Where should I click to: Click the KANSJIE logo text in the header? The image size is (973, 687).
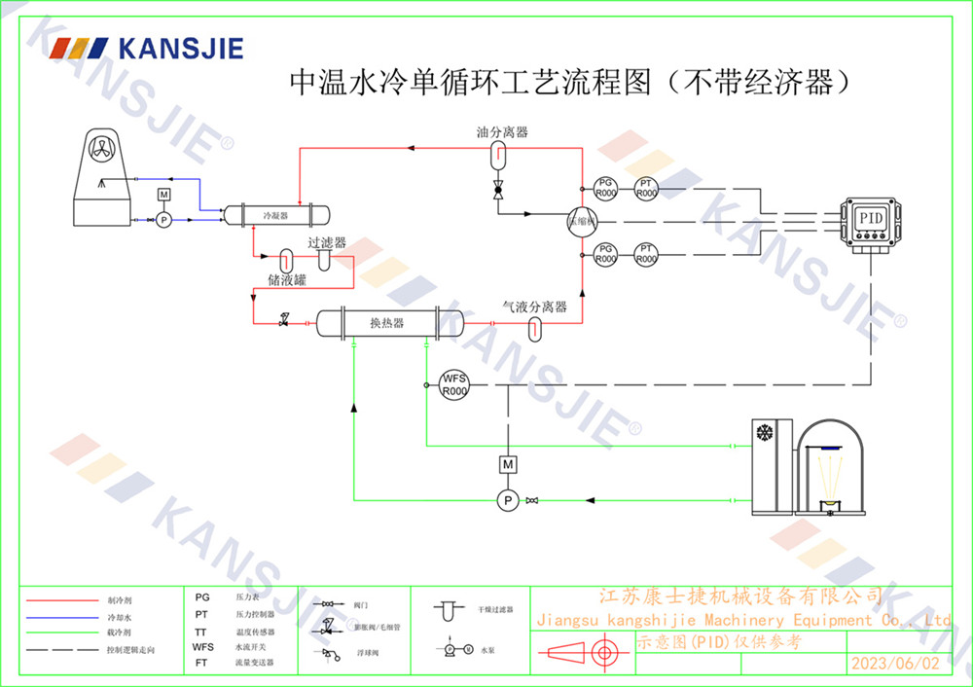pos(179,48)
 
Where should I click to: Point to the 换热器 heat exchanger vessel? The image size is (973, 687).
pos(386,323)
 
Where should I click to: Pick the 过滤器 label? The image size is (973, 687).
pos(327,243)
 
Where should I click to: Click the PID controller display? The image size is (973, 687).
pos(869,219)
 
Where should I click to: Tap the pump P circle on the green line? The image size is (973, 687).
pos(506,500)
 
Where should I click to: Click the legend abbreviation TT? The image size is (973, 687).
pos(201,631)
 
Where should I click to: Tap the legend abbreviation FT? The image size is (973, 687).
pos(201,663)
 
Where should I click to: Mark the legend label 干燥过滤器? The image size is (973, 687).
pos(494,610)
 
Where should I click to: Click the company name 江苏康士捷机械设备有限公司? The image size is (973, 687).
pos(739,596)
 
